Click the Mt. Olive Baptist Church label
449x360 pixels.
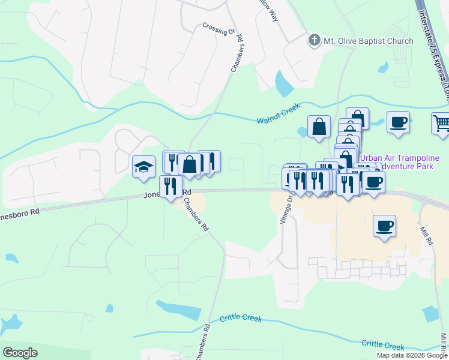point(369,41)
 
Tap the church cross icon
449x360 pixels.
point(313,41)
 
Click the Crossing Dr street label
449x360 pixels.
point(218,29)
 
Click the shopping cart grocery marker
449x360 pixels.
point(441,123)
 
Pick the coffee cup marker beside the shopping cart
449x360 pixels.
point(398,122)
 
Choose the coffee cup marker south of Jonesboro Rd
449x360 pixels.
point(384,226)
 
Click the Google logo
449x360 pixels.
point(20,352)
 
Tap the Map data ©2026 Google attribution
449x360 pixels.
point(412,355)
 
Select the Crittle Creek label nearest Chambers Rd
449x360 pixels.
point(241,319)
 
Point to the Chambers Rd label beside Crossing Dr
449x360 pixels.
point(237,54)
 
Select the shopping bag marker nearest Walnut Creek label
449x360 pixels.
point(319,127)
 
